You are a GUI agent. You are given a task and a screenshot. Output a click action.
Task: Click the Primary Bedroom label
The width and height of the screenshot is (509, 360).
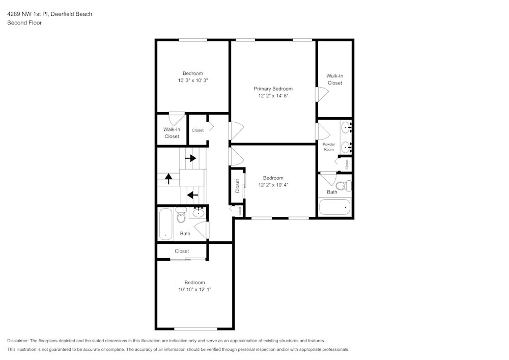[x=273, y=89]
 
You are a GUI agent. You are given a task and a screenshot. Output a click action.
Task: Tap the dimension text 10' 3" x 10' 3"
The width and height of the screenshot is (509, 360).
[x=193, y=80]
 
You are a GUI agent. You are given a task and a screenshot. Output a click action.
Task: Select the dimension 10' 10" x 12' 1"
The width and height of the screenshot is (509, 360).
[x=194, y=289]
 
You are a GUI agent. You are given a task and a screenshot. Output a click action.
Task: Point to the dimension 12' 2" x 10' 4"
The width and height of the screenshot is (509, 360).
[x=273, y=185]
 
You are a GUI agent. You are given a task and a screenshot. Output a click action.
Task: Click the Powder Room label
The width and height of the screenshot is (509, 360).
[x=329, y=147]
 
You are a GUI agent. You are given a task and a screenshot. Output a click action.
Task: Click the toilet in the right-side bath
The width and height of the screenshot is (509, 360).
[x=347, y=186]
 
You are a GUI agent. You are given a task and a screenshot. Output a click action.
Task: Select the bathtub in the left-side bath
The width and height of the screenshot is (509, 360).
[x=165, y=224]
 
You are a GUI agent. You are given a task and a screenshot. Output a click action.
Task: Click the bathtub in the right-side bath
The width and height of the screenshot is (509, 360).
[x=335, y=207]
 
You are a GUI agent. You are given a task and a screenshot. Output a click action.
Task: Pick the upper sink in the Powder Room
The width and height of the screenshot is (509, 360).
[x=346, y=126]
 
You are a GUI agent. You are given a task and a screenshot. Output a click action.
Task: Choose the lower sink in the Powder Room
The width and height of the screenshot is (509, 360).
[x=346, y=148]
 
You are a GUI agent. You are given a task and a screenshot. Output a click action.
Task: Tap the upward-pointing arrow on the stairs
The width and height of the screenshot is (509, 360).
[x=168, y=179]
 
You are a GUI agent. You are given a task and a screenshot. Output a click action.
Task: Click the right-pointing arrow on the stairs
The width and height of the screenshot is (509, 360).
[x=191, y=158]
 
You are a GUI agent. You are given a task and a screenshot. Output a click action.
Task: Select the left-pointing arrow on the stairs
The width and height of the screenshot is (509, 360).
[x=192, y=195]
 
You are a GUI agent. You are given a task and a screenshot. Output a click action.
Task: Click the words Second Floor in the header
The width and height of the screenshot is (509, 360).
[x=24, y=23]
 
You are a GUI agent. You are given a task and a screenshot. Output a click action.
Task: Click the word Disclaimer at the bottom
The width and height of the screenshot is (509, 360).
[x=18, y=341]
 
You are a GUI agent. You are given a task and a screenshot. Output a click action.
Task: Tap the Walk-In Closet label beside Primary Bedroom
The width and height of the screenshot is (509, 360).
[x=335, y=79]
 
